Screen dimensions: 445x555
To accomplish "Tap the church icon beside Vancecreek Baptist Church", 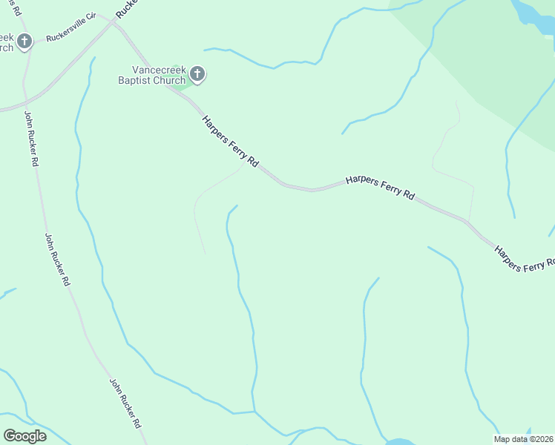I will tap(197, 73).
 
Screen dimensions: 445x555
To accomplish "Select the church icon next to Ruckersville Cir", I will tap(24, 42).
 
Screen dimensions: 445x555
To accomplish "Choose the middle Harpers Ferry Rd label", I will tap(380, 187).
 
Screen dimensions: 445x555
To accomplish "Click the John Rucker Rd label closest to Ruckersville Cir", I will tap(30, 139).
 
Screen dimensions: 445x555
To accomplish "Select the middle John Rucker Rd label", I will tap(56, 260).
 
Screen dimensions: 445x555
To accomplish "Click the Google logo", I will tap(24, 436).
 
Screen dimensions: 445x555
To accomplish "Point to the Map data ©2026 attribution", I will tap(524, 439).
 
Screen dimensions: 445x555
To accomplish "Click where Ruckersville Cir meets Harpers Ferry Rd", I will tap(114, 22).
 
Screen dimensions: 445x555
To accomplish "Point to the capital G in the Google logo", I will tap(10, 436).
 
